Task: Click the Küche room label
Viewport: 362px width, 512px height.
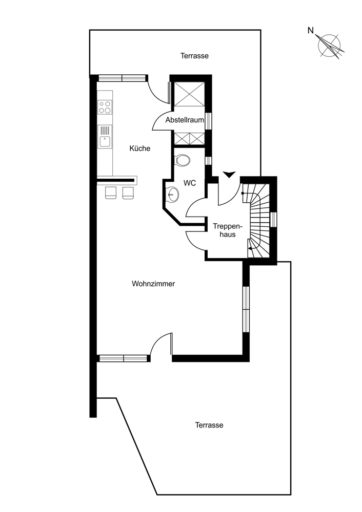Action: click(x=139, y=148)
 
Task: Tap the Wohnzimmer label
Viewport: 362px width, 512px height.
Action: click(x=153, y=284)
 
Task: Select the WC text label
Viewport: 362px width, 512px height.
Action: click(x=190, y=183)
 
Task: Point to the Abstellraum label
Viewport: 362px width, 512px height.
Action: click(x=185, y=120)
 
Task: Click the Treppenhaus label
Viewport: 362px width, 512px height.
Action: click(x=228, y=230)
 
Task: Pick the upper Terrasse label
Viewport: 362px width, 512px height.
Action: click(x=194, y=56)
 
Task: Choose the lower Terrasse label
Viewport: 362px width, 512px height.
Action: click(x=209, y=425)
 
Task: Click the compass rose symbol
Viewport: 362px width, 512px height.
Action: click(x=330, y=46)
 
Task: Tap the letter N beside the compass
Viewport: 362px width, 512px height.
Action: click(x=311, y=31)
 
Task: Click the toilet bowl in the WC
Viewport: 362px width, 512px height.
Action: click(x=183, y=160)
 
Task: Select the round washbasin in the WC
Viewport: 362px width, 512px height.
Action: click(x=172, y=194)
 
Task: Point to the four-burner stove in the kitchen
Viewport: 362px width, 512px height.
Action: click(x=105, y=107)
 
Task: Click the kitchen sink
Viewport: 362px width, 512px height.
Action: click(x=105, y=137)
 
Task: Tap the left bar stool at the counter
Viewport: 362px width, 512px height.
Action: click(x=111, y=193)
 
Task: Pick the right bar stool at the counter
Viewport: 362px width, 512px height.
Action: click(x=128, y=193)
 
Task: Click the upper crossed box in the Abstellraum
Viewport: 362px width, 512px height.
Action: click(x=189, y=94)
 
